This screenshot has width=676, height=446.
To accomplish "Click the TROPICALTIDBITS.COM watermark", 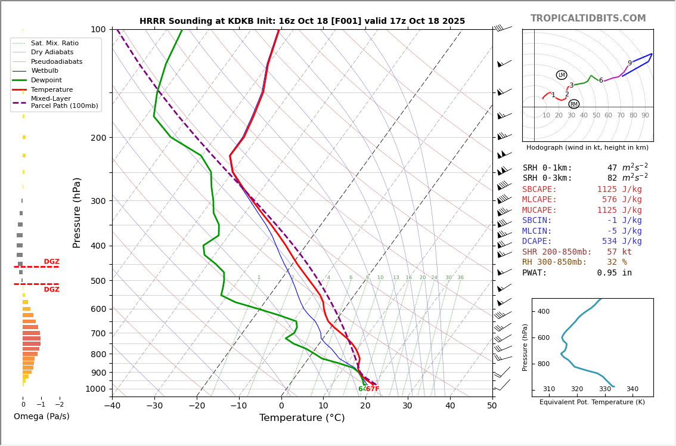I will pyautogui.click(x=588, y=18).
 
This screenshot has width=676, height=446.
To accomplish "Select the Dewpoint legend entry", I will pyautogui.click(x=46, y=80).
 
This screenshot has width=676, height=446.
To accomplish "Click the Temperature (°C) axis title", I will pyautogui.click(x=302, y=418).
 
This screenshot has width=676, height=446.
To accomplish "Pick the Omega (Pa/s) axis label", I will pyautogui.click(x=41, y=416).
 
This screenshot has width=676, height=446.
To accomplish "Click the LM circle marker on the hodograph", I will pyautogui.click(x=562, y=75).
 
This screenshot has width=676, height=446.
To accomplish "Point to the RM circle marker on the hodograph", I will pyautogui.click(x=574, y=104).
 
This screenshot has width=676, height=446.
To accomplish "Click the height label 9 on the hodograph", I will pyautogui.click(x=630, y=63).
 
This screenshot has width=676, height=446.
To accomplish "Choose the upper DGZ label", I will pyautogui.click(x=51, y=262).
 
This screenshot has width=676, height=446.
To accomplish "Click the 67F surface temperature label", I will pyautogui.click(x=373, y=389).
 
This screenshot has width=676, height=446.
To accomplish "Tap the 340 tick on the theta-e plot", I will pyautogui.click(x=632, y=389).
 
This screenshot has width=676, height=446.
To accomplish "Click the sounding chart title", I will pyautogui.click(x=302, y=21).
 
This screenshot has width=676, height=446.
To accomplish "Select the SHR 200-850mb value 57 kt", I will pyautogui.click(x=624, y=252).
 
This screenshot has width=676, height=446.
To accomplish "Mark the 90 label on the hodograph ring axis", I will pyautogui.click(x=645, y=116).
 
